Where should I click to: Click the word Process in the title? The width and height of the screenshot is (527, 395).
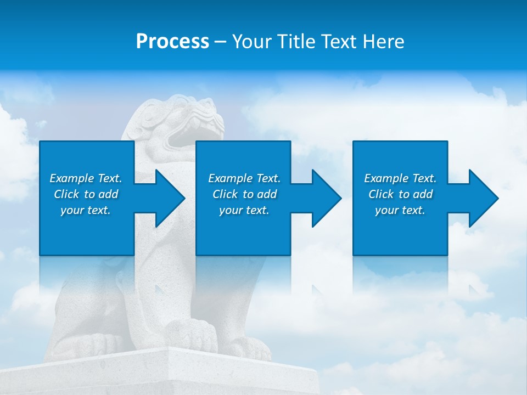pos(172,42)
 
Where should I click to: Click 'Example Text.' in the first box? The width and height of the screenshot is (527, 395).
pos(86,178)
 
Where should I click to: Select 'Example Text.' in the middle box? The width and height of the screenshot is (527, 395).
pos(244,178)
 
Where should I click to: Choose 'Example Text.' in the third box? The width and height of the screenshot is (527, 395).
pos(400,178)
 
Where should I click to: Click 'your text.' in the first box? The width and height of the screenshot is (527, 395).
pos(86,210)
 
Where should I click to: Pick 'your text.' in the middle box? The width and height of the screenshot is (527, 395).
pos(244,210)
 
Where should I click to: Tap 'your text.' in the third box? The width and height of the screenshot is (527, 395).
pos(400,210)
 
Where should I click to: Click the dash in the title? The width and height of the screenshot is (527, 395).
pos(221,42)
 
